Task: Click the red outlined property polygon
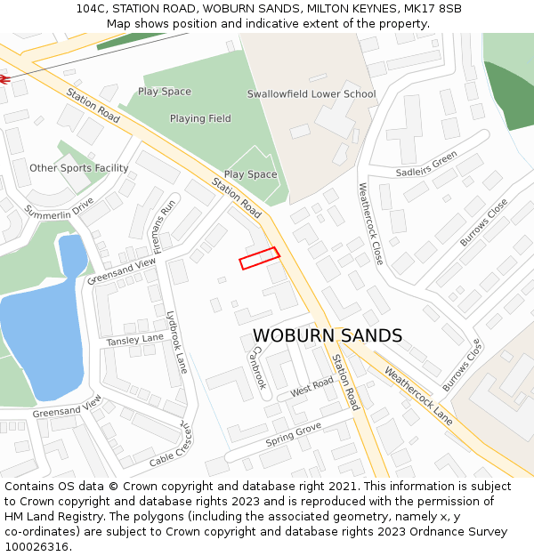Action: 259,258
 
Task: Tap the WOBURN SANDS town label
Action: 328,335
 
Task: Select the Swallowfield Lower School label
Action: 311,93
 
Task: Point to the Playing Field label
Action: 200,118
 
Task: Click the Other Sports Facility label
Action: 79,168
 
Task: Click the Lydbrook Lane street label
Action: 177,342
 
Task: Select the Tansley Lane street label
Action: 135,339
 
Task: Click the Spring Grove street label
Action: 293,435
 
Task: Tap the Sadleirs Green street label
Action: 426,164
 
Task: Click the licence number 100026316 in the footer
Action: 36,547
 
